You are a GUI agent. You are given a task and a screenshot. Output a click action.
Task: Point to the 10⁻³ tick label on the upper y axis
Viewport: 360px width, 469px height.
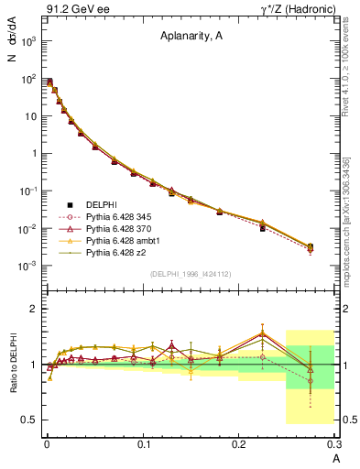pos(27,266)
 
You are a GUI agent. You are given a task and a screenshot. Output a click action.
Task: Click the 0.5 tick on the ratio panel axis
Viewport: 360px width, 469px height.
pos(29,420)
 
